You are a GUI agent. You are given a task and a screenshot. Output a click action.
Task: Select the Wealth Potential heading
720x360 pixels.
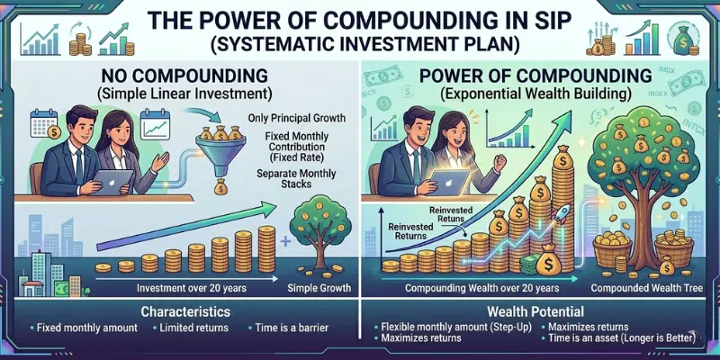tap(543, 311)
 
